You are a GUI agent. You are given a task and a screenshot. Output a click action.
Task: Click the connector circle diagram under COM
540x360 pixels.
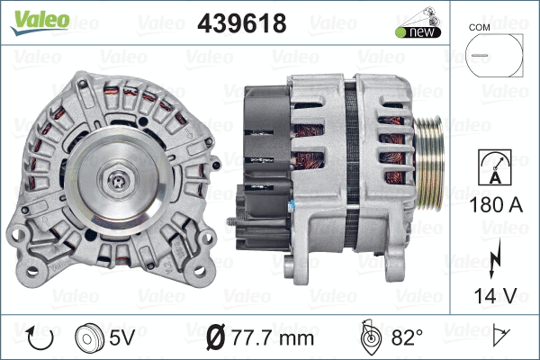pyautogui.click(x=491, y=56)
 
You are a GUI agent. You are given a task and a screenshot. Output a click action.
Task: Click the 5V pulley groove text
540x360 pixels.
pyautogui.click(x=123, y=338)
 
